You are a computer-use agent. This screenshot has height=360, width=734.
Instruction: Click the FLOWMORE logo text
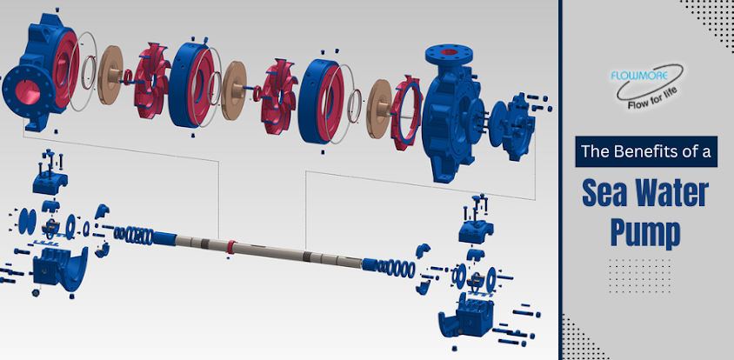point(639,75)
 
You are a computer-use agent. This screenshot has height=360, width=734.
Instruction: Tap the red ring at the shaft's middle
point(230,247)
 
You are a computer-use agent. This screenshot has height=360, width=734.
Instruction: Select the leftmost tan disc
point(110,75)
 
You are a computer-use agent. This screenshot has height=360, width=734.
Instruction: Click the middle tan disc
point(234,90)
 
